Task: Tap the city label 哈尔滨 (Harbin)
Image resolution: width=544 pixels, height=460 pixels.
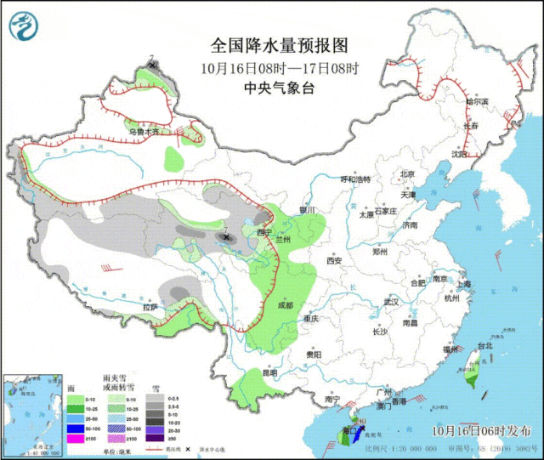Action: click(478, 101)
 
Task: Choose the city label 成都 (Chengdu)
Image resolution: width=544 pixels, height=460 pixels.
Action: click(284, 304)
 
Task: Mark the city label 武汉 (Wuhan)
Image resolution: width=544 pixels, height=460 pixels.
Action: click(391, 302)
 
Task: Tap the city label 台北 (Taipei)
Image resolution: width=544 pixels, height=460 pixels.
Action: click(484, 347)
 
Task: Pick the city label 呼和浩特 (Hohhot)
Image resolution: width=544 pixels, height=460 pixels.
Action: click(356, 180)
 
